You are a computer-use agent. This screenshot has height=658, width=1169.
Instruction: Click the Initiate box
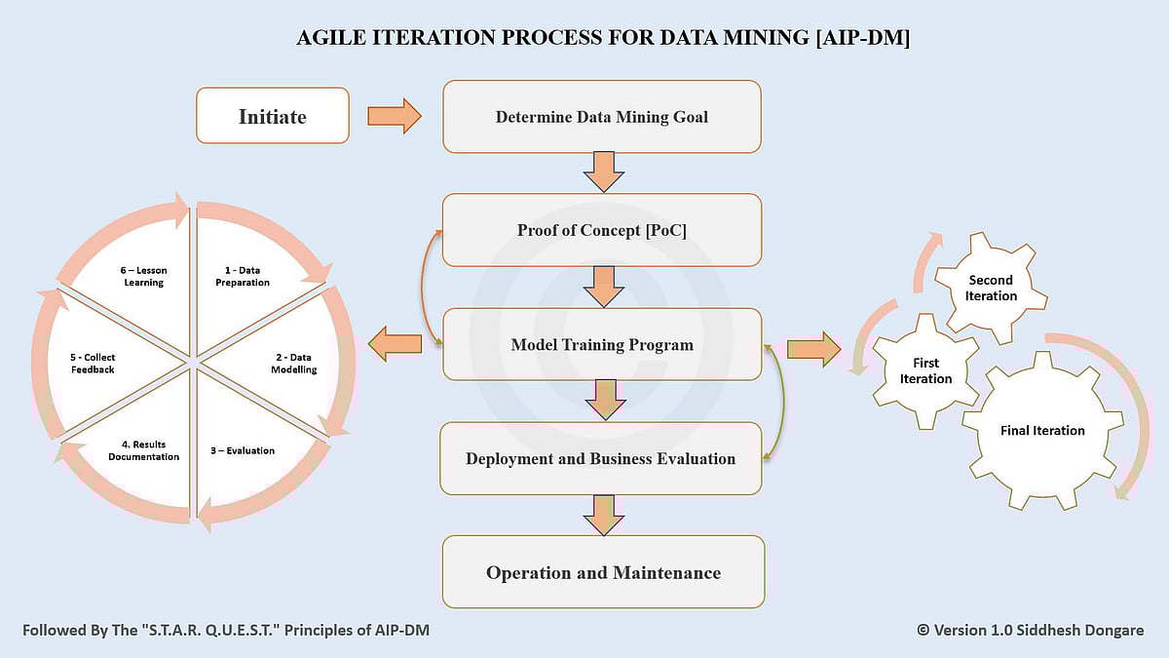point(273,116)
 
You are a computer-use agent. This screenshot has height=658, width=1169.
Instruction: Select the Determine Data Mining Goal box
point(601,117)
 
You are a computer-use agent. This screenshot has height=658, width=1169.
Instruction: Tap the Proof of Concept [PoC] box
point(601,230)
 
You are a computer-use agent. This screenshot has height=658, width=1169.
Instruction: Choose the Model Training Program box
point(601,344)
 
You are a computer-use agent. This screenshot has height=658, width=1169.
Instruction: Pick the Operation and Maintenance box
point(603,572)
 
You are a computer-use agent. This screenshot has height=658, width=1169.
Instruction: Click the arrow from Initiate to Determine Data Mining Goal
point(394,117)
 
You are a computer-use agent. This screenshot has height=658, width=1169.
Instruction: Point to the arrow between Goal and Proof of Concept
point(603,174)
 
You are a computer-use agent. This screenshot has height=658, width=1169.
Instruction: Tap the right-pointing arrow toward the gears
point(812,349)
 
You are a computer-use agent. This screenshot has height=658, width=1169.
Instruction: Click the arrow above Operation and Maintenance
point(603,515)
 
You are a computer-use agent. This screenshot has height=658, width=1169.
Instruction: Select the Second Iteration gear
point(991,288)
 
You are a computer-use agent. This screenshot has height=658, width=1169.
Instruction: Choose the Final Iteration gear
point(1042,431)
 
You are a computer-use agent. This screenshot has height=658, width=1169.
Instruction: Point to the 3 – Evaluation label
point(243,450)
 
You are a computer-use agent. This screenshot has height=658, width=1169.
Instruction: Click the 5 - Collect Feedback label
point(93,364)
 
